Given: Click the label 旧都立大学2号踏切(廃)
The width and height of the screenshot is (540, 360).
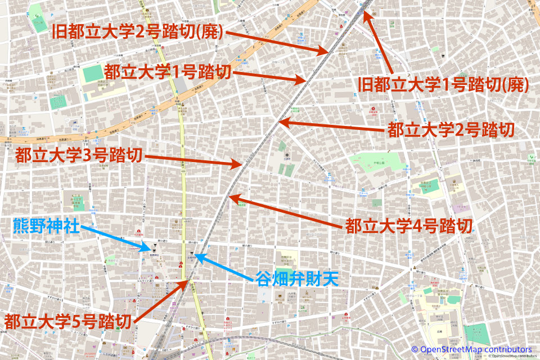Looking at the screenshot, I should point(138,32).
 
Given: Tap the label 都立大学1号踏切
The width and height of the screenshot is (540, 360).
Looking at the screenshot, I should point(168,71).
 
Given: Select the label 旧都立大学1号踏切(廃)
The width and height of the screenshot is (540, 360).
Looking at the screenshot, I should point(444,85).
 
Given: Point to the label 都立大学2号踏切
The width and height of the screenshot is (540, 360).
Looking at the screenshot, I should point(451,130).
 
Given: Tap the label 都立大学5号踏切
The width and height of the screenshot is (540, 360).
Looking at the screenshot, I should point(68,322).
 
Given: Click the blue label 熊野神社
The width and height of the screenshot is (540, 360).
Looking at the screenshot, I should point(46,228).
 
